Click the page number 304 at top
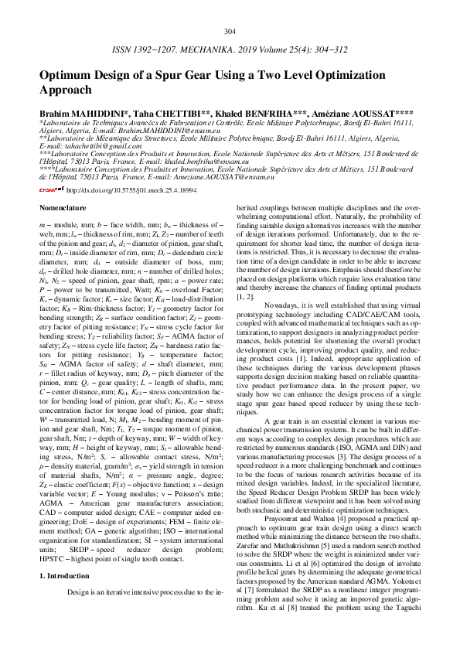(x=230, y=31)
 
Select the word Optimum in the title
(x=68, y=76)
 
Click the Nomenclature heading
(x=66, y=209)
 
